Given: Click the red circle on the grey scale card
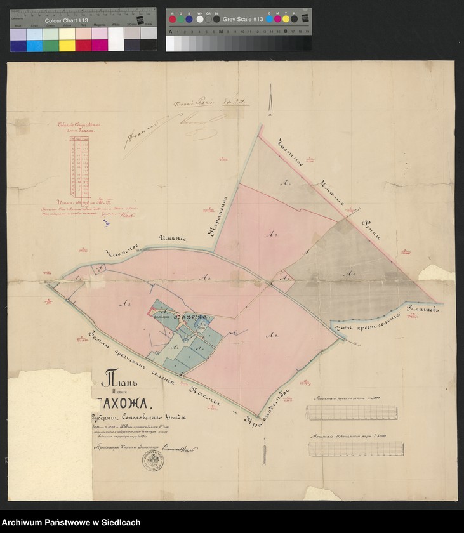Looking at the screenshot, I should click(x=172, y=19).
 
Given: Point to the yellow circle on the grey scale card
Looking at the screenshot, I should click(x=286, y=19).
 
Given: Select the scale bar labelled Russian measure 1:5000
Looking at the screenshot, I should click(x=347, y=412).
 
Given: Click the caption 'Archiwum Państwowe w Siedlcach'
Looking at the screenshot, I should click(x=71, y=522).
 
